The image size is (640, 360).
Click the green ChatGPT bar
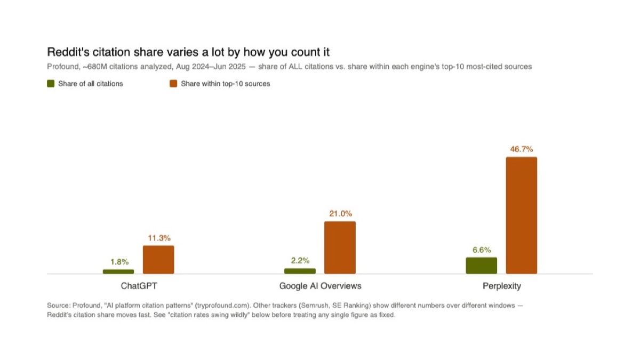[x=118, y=271]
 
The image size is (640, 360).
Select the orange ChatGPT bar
[x=158, y=259]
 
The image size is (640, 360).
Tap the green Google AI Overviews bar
[x=300, y=271]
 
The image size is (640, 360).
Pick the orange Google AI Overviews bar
[x=340, y=247]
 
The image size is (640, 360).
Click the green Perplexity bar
[x=482, y=266]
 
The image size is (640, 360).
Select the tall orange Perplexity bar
[x=522, y=215]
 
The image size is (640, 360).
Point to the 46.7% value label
[x=522, y=149]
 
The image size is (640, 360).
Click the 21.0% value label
[x=341, y=213]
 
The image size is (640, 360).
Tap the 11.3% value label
[x=159, y=238]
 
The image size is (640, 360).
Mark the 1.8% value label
[x=119, y=262]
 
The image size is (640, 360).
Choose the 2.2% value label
[x=300, y=260]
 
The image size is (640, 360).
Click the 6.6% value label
[x=482, y=250]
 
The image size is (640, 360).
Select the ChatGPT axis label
[x=139, y=286]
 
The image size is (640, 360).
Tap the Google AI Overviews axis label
[x=321, y=286]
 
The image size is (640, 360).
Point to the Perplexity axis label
[x=502, y=286]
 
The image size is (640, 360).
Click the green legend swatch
[x=51, y=84]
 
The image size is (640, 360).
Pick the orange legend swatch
[x=173, y=84]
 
